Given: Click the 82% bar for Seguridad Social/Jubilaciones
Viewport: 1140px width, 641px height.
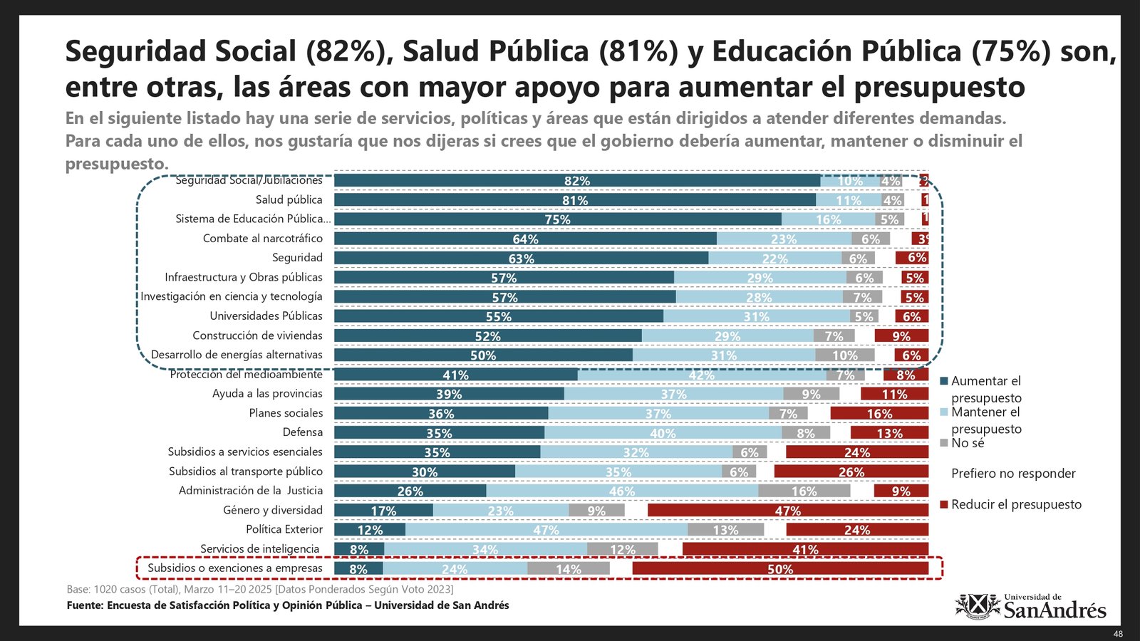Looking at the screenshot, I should coord(576,181).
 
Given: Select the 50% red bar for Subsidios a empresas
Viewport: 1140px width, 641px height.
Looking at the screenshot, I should coord(780,568).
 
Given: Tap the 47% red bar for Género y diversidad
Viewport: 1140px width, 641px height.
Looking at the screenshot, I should coord(788,511).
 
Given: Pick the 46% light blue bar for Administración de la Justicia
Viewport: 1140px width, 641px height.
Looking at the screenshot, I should coord(622,491).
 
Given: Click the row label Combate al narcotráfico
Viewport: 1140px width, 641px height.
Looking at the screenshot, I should coord(262,239).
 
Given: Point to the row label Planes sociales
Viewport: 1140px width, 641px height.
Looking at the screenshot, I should coord(286,413).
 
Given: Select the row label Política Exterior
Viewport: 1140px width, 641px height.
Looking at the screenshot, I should coord(284,529).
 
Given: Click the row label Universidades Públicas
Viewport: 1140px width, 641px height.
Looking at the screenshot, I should coord(266,316).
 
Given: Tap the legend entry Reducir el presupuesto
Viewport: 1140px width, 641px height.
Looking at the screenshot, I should coord(1016,504).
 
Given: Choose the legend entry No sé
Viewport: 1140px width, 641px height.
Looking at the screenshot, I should coord(968,443).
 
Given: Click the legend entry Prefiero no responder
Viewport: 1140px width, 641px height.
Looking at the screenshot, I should coord(1013,474).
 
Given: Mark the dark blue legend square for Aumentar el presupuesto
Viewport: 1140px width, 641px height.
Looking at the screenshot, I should coord(944,382).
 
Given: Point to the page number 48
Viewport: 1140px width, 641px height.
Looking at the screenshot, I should coord(1118,634).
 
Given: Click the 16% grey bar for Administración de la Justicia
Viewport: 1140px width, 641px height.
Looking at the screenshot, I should coord(804,491).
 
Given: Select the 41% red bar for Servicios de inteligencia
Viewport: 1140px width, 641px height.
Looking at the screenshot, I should coord(805,549).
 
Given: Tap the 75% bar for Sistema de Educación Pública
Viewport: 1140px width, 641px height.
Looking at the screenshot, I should coord(557,219).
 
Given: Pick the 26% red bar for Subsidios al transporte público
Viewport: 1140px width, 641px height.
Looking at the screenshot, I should coord(851,471).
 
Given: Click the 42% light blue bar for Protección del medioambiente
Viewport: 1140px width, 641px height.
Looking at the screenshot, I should coord(702,375).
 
